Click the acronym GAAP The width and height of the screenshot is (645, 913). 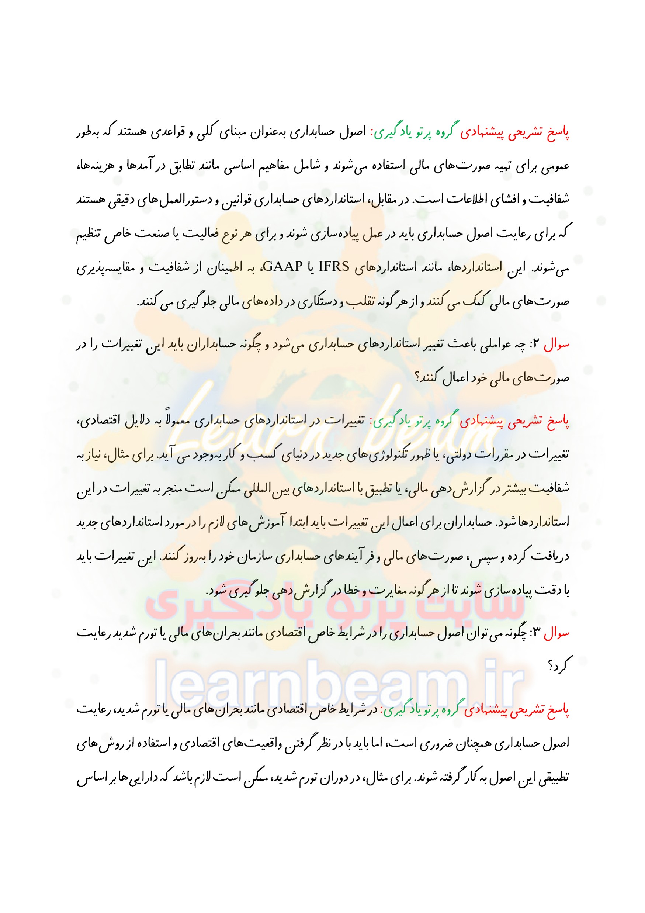pyautogui.click(x=282, y=266)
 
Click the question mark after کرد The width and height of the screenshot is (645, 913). pyautogui.click(x=551, y=667)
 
